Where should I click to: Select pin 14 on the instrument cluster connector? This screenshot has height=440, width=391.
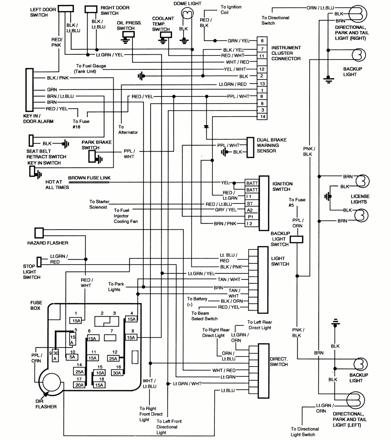[x=262, y=117]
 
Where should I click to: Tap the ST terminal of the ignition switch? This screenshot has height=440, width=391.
[x=250, y=204]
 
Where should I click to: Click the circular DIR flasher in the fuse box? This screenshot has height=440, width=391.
[x=51, y=383]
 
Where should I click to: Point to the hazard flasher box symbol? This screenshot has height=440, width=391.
[x=39, y=233]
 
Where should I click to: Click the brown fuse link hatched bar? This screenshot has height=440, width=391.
[x=89, y=182]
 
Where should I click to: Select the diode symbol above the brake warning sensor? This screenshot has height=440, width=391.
[x=206, y=127]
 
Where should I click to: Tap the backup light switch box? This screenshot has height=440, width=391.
[x=297, y=239]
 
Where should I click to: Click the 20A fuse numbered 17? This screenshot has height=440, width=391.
[x=79, y=385]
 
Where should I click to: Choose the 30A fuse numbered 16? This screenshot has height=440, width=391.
[x=117, y=373]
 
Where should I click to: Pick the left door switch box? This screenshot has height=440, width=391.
[x=66, y=8]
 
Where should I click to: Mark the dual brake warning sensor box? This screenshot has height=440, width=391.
[x=250, y=147]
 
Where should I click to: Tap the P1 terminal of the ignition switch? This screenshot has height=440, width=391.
[x=250, y=217]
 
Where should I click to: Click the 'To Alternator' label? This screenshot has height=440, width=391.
[x=128, y=129]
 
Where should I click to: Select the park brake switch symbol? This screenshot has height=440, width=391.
[x=92, y=156]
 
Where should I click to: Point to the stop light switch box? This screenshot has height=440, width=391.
[x=39, y=262]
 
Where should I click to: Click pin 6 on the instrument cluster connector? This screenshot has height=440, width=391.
[x=262, y=41]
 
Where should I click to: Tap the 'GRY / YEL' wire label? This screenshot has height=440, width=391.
[x=226, y=210]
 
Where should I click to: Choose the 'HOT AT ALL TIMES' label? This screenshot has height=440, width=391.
[x=57, y=184]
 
